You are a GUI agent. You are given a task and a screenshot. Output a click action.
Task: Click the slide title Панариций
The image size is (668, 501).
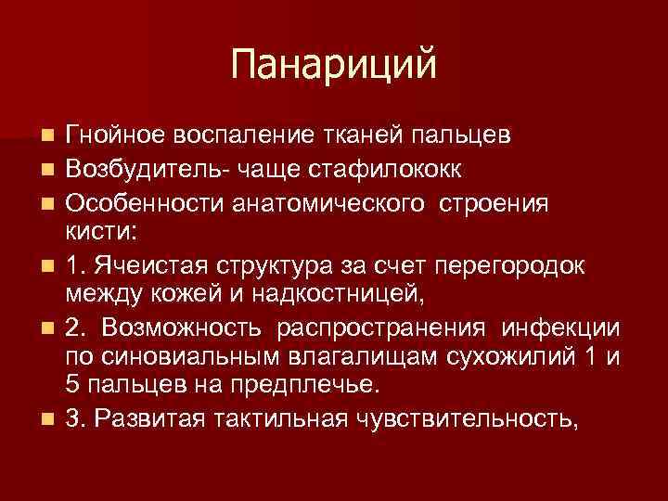click(333, 64)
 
